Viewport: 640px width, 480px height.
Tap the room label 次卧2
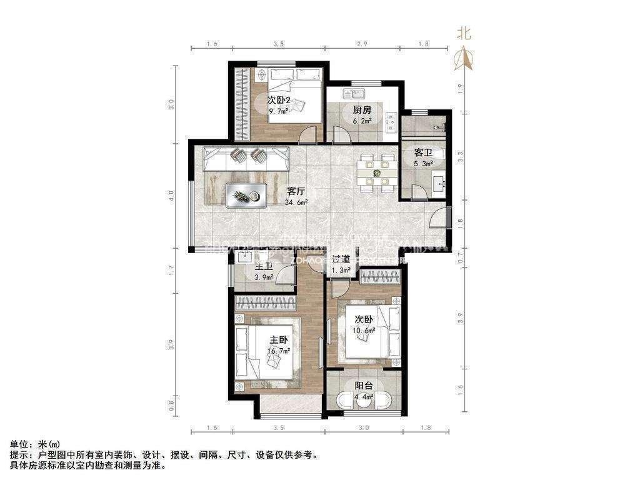278,100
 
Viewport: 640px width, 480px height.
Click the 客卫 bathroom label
423,153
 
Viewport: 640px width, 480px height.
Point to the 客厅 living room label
296,191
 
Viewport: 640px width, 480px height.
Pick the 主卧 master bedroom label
279,340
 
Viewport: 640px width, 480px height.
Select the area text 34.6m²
296,202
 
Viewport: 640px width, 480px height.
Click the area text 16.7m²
279,351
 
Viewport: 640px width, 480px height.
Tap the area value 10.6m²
364,331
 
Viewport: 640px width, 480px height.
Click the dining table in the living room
376,172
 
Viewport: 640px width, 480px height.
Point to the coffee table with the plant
246,195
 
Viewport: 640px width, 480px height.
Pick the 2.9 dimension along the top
362,44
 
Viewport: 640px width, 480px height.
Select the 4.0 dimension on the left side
171,199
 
